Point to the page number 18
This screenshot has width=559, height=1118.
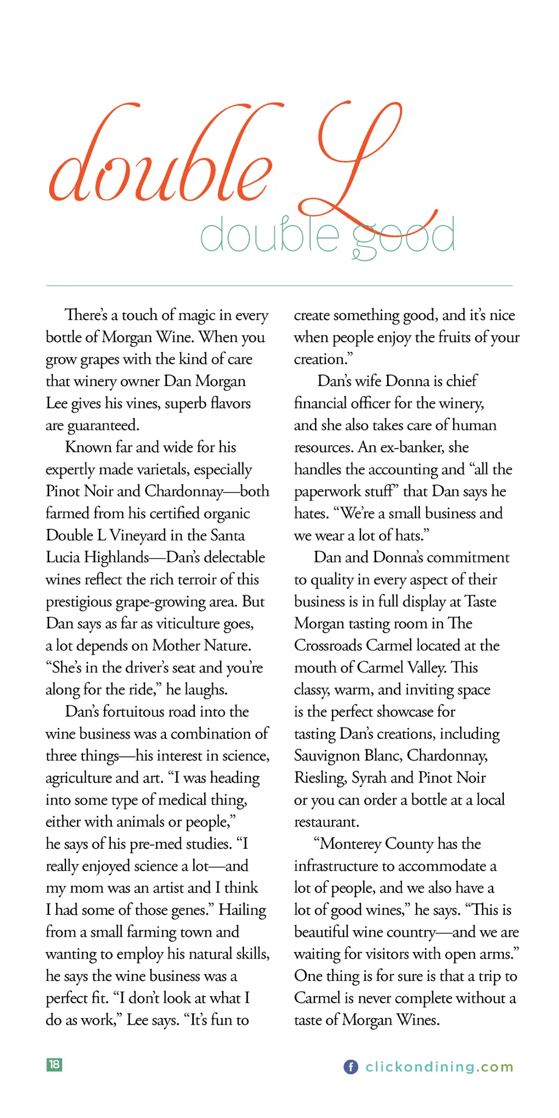click(x=54, y=1064)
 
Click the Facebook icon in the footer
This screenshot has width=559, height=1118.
click(x=350, y=1067)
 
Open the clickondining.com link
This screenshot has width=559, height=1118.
click(x=439, y=1067)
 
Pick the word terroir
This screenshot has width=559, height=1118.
click(x=194, y=580)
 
